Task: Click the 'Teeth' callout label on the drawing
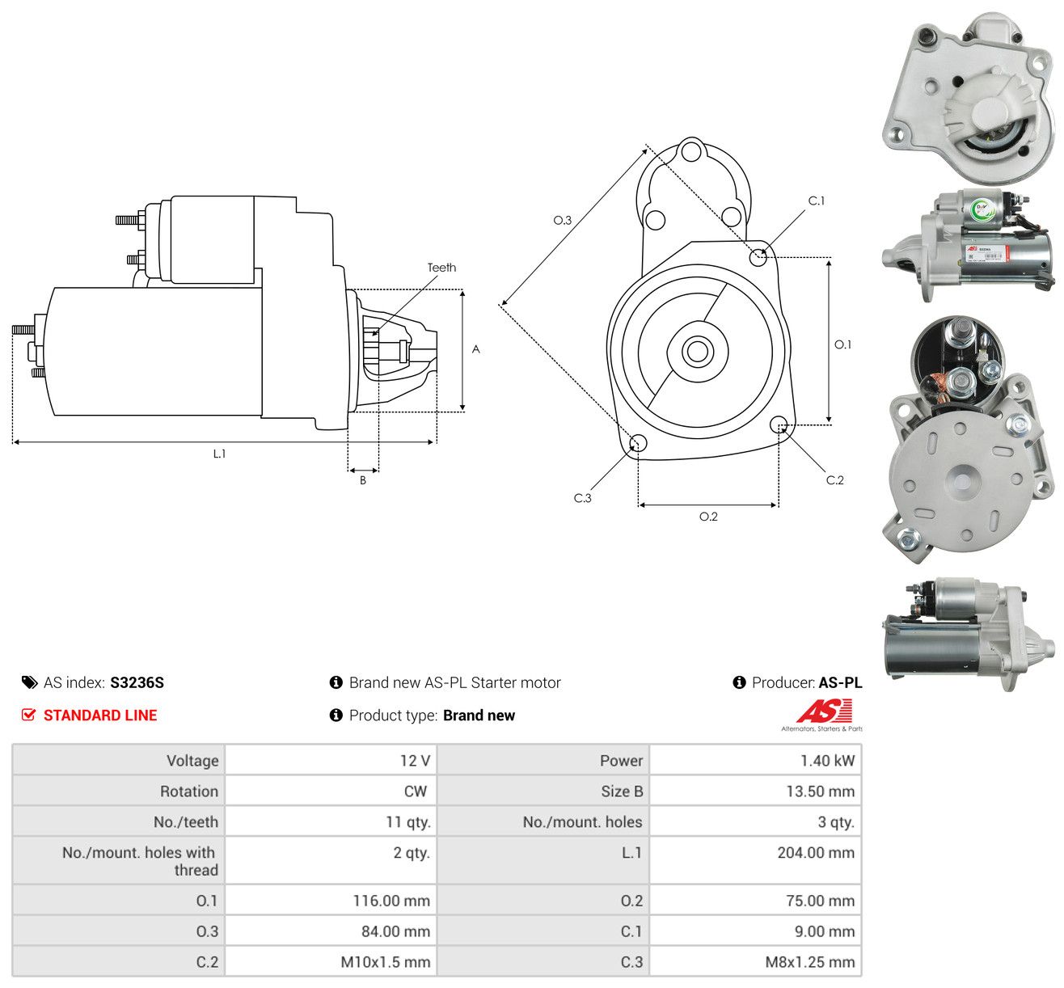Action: pyautogui.click(x=441, y=268)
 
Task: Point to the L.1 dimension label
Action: pyautogui.click(x=219, y=454)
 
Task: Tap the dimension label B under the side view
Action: pyautogui.click(x=363, y=480)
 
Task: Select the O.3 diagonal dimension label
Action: pyautogui.click(x=562, y=220)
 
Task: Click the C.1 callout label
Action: pyautogui.click(x=816, y=201)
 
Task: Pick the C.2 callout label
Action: pyautogui.click(x=834, y=480)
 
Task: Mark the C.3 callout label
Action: pyautogui.click(x=582, y=498)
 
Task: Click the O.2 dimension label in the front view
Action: pyautogui.click(x=708, y=517)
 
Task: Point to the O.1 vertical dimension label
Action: pyautogui.click(x=842, y=344)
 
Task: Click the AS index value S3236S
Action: pyautogui.click(x=137, y=682)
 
